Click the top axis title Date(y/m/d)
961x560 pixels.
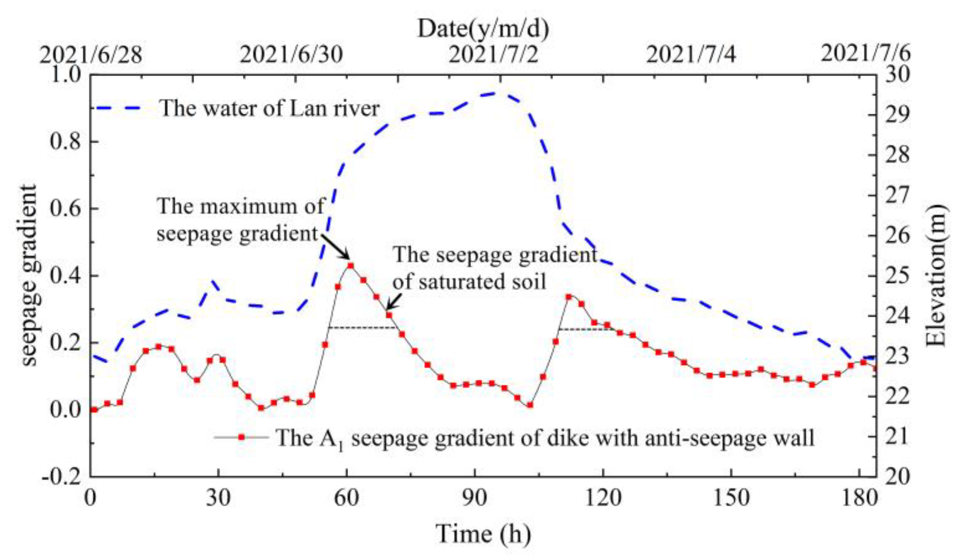click(483, 29)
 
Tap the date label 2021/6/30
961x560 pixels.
click(291, 54)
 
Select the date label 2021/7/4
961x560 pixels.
click(691, 54)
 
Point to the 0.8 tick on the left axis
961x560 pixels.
click(65, 141)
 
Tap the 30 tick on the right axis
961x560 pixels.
click(897, 75)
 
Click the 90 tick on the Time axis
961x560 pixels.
click(475, 498)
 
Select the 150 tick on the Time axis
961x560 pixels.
click(731, 498)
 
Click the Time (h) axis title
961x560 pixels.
click(483, 534)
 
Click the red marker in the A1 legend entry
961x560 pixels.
click(242, 437)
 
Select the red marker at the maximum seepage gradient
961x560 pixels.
click(351, 266)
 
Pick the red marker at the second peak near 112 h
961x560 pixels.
click(568, 297)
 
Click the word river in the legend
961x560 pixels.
click(358, 108)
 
